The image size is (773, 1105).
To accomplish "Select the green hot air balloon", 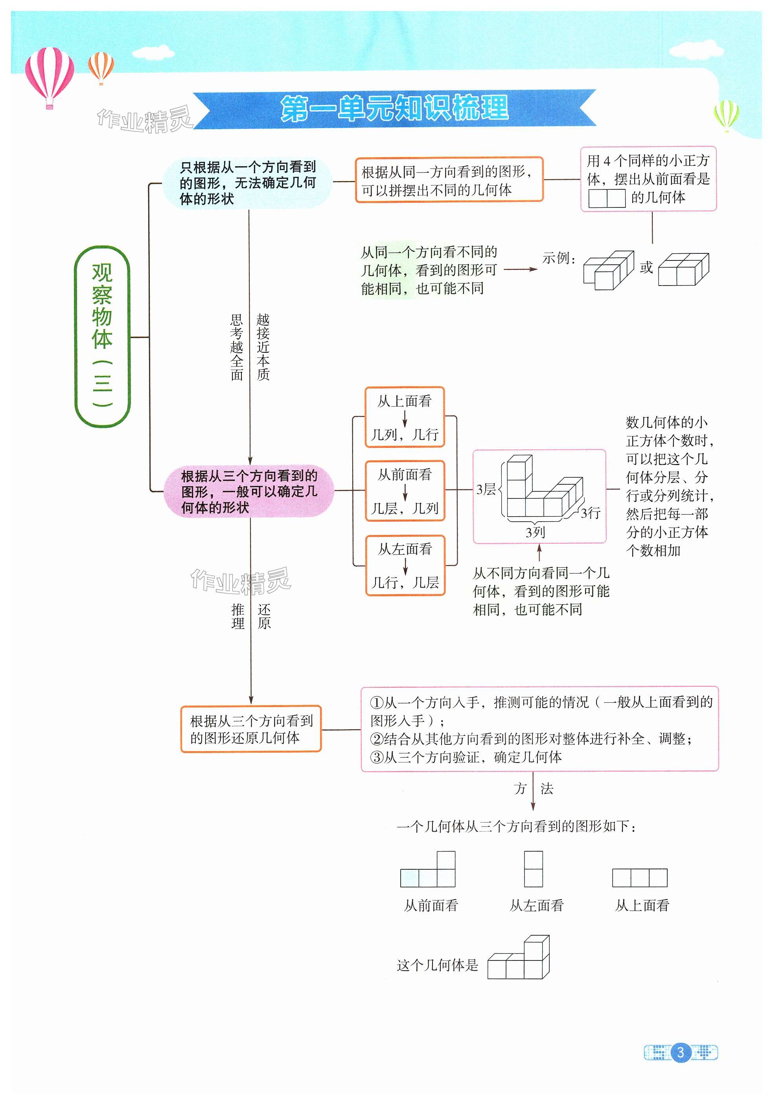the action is (x=726, y=115).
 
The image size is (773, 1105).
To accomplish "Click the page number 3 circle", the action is (x=681, y=1052).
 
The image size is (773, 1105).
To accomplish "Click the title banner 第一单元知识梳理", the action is (x=394, y=108).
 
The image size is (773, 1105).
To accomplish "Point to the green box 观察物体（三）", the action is (x=102, y=336).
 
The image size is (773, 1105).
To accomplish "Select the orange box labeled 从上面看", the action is (x=405, y=417).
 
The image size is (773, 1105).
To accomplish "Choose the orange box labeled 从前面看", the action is (x=405, y=491).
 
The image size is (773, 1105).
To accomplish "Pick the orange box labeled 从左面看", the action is (x=405, y=566).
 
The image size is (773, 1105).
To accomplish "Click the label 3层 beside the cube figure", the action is (x=486, y=489).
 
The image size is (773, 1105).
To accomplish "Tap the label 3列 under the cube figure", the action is (x=535, y=532).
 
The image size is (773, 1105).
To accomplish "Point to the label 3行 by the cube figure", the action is (x=591, y=513).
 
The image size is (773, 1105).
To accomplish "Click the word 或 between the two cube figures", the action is (x=646, y=268).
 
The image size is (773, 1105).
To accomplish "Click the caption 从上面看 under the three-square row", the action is (x=642, y=905).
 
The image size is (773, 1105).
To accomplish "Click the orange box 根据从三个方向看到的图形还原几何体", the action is (x=250, y=729).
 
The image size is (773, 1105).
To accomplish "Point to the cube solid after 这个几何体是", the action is (x=519, y=958).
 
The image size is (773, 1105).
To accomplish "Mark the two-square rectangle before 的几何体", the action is (x=607, y=198).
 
